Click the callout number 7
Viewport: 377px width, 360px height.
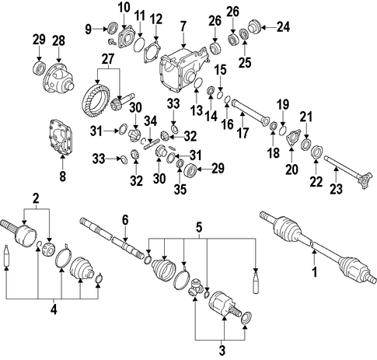[183, 27]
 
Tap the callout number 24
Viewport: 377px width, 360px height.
[283, 27]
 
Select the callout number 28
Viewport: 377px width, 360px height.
[58, 40]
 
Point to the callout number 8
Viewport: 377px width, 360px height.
[63, 177]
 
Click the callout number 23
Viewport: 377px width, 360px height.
[336, 188]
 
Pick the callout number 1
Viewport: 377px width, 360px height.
[315, 272]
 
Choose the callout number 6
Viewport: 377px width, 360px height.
[125, 221]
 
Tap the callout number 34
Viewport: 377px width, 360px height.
[151, 121]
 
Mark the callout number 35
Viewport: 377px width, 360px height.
[180, 189]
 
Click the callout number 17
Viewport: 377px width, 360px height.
[243, 133]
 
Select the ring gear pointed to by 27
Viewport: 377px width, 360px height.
[96, 100]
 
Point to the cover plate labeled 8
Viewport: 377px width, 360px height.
[61, 138]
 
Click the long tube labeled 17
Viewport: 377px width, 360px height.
[250, 114]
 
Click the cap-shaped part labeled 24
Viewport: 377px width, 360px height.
[255, 27]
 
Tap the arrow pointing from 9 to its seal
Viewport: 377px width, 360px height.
[99, 30]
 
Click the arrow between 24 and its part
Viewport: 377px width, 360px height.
[268, 27]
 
